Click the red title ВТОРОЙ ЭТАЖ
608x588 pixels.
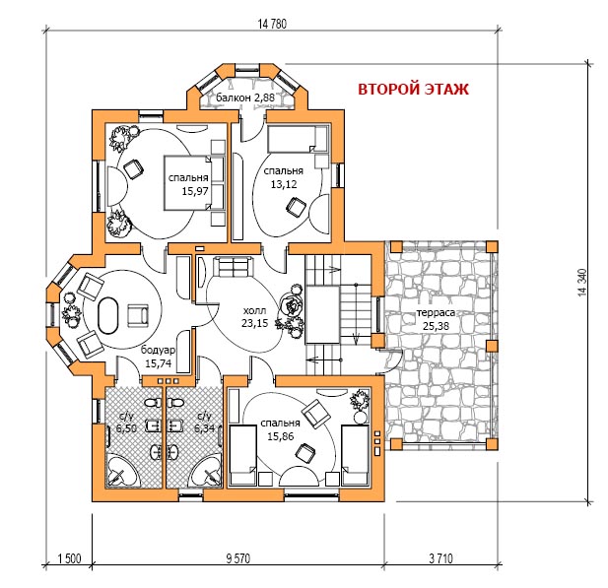coord(413,90)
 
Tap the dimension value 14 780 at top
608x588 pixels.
coord(272,24)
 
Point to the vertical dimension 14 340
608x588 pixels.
coord(583,283)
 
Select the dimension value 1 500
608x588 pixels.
coord(69,558)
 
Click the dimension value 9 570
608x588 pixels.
coord(238,558)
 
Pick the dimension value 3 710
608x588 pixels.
coord(440,558)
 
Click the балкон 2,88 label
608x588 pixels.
coord(245,98)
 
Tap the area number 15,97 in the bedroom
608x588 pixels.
coord(195,191)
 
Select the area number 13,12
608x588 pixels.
coord(284,184)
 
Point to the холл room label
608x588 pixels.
coord(254,310)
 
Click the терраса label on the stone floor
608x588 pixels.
coord(436,312)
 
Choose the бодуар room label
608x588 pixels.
coord(158,350)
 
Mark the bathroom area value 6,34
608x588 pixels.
coord(204,427)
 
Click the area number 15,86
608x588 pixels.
coord(280,436)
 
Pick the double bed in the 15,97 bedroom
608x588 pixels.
coord(194,182)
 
